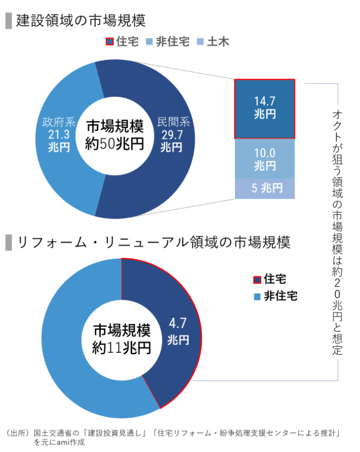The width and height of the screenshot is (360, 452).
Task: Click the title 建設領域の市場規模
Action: click(81, 21)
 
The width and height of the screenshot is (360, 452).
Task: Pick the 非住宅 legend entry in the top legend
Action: click(167, 42)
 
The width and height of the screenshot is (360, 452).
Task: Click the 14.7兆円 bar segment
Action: click(265, 108)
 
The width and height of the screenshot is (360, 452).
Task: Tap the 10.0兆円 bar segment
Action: click(265, 159)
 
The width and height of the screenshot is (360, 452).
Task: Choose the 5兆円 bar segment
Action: click(265, 188)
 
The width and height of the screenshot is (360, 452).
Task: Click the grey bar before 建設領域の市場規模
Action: click(8, 21)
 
